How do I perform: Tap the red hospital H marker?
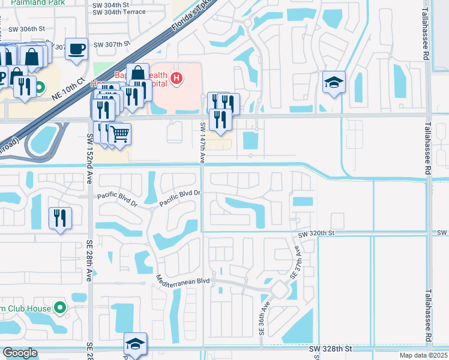click(x=176, y=77)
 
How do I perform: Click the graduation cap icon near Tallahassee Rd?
click(x=334, y=82)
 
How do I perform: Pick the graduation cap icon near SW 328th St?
click(x=135, y=344)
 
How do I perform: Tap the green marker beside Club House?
click(x=59, y=308)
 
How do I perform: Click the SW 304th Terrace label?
click(x=119, y=11)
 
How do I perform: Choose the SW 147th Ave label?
click(x=203, y=142)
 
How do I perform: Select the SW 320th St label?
click(x=329, y=232)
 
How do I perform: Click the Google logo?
click(x=20, y=353)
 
